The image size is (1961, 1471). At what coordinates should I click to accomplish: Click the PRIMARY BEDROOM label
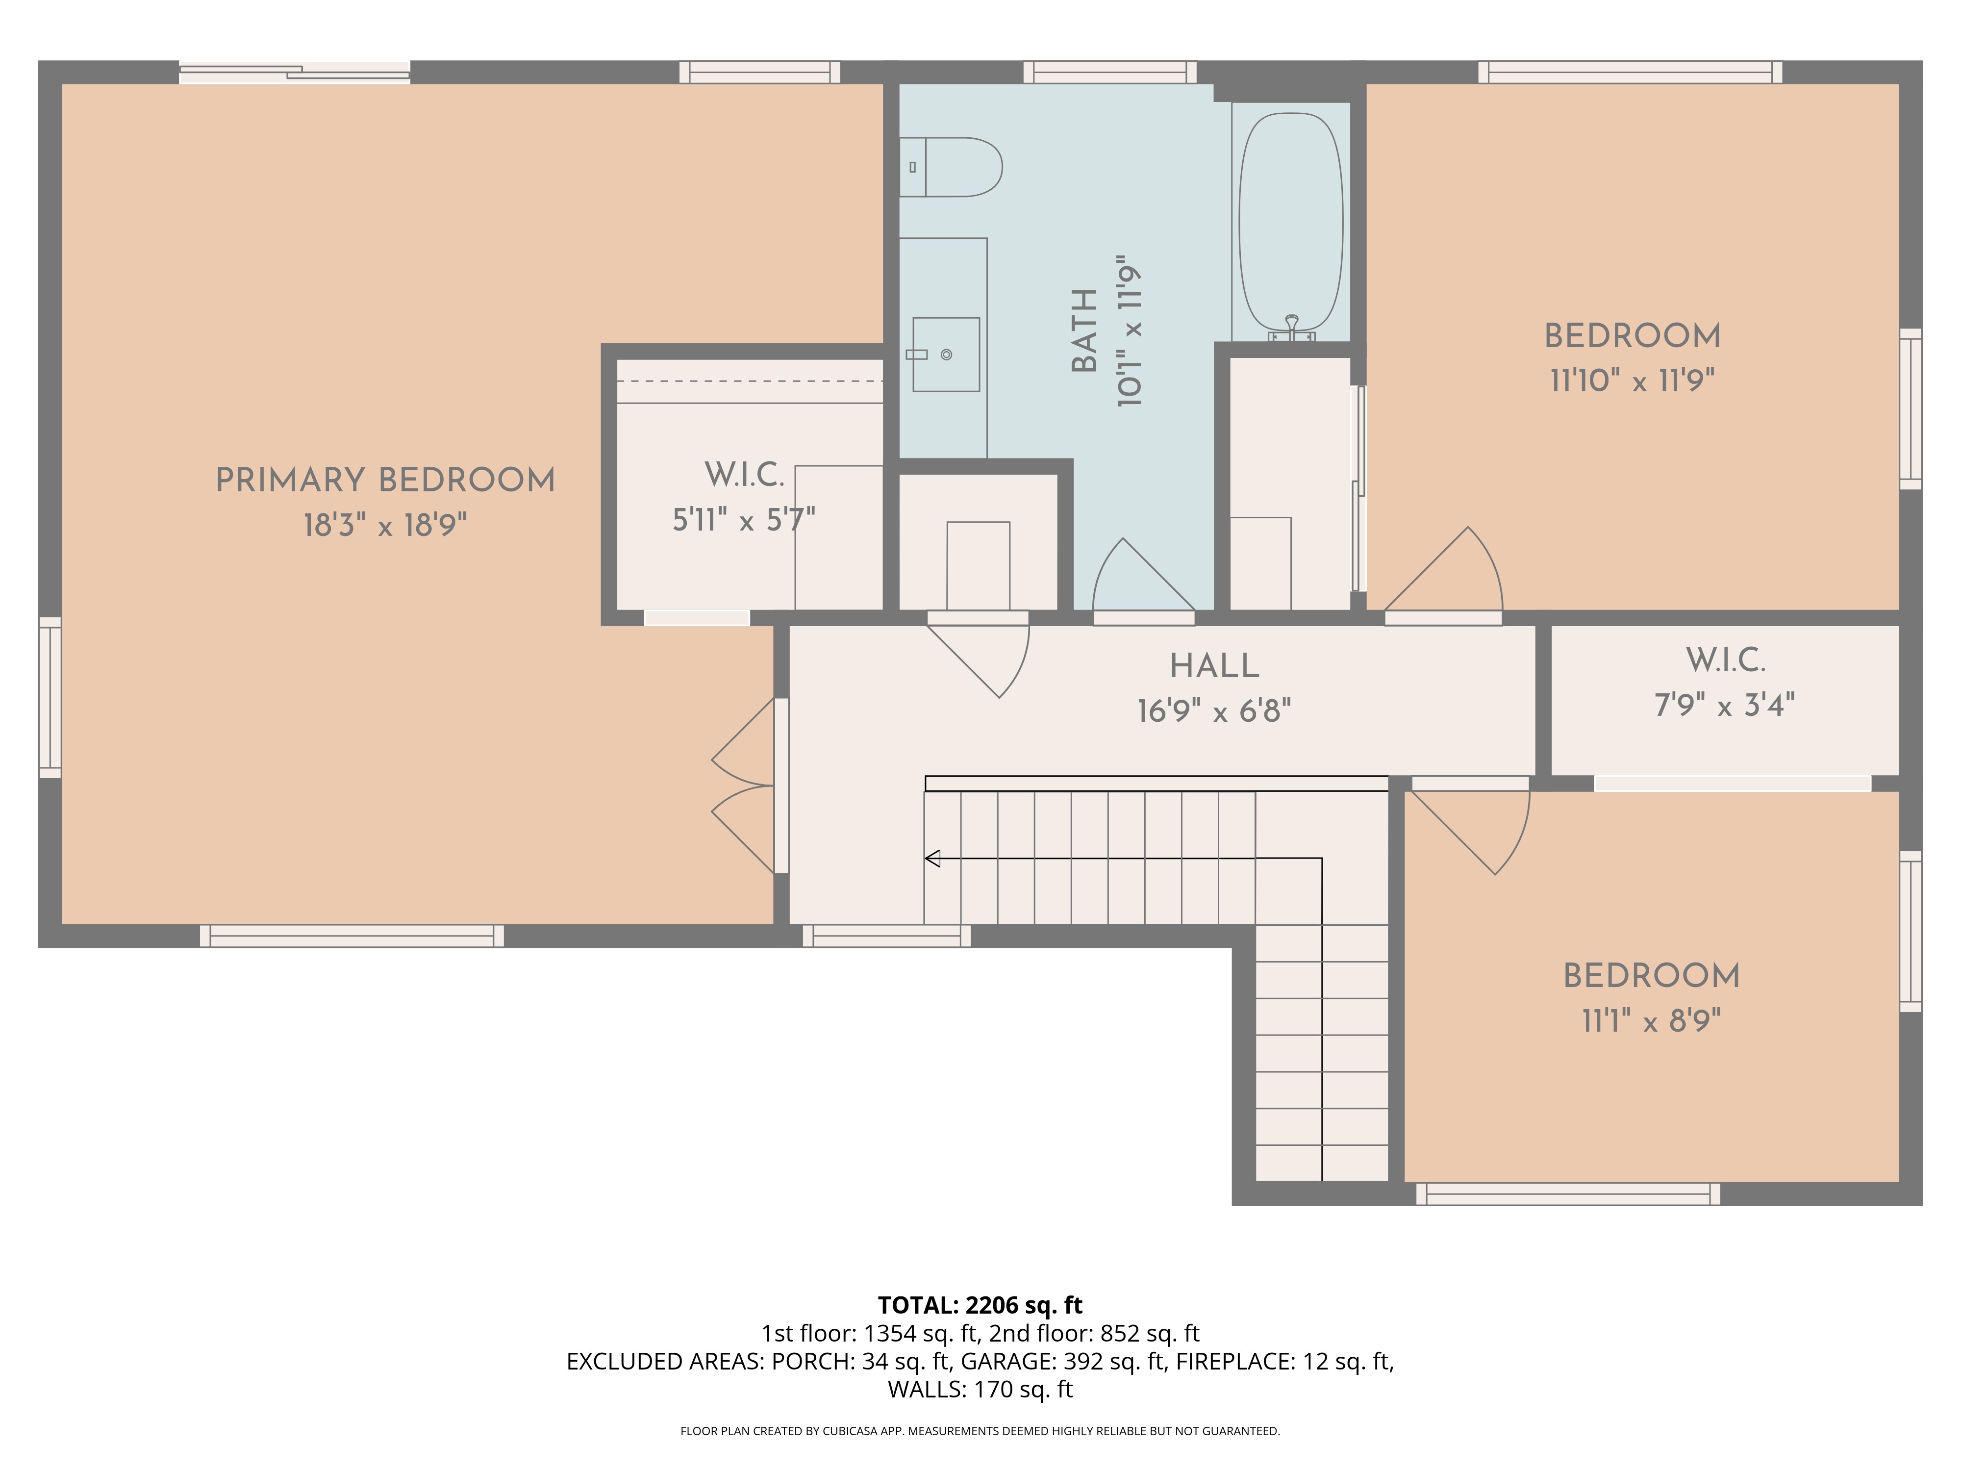pos(386,481)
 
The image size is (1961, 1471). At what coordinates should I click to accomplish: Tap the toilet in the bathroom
pos(951,167)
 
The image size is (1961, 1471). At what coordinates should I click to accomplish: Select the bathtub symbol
pos(1291,224)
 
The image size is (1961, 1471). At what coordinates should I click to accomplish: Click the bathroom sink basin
pos(946,355)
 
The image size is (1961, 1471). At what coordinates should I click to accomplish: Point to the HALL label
pos(1214,666)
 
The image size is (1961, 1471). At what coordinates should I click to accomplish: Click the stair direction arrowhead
pos(932,858)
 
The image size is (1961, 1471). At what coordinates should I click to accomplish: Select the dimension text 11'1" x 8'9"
pos(1651,1021)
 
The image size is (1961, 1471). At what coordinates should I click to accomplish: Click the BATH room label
pos(1085,331)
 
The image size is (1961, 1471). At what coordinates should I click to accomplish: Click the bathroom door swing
pos(1144,576)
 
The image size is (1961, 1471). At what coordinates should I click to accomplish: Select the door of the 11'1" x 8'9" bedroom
pos(1470,829)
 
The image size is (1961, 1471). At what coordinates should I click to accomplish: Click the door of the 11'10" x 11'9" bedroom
pos(1443,572)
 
